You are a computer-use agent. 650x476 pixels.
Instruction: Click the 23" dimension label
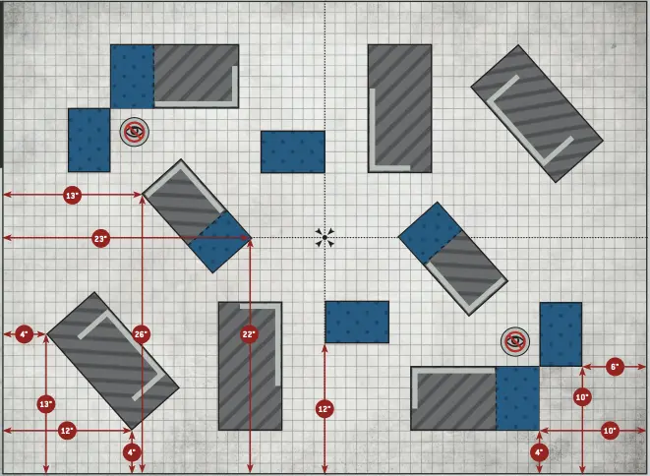(100, 239)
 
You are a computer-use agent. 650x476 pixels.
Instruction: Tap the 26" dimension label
(141, 334)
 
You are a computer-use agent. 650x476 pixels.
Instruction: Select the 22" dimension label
(249, 334)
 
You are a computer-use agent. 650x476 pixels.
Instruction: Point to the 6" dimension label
(615, 367)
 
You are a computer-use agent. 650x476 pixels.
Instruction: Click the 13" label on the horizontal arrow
(72, 196)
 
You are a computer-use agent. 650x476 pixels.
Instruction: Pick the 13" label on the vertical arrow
(46, 404)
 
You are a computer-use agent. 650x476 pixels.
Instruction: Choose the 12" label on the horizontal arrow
(66, 431)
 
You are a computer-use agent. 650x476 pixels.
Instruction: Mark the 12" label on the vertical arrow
(325, 408)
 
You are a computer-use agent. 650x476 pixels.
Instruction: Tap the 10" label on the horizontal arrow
(609, 431)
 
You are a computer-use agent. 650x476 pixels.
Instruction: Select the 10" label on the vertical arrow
(582, 396)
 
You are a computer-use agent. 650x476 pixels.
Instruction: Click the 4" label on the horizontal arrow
(24, 335)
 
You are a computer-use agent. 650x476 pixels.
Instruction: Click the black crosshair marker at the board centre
(325, 237)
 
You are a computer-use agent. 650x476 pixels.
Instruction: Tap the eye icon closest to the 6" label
(514, 341)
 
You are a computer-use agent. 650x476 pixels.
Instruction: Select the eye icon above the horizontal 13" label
(135, 131)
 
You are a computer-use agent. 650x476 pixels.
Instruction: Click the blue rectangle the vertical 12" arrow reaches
(357, 323)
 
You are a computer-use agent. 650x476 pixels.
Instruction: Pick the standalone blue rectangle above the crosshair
(293, 151)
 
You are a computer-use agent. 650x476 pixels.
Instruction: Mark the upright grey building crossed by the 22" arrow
(250, 366)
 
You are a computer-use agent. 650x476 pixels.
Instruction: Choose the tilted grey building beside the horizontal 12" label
(113, 359)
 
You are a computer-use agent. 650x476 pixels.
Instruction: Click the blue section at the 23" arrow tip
(219, 242)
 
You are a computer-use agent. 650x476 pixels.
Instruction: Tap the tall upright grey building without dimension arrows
(400, 108)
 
